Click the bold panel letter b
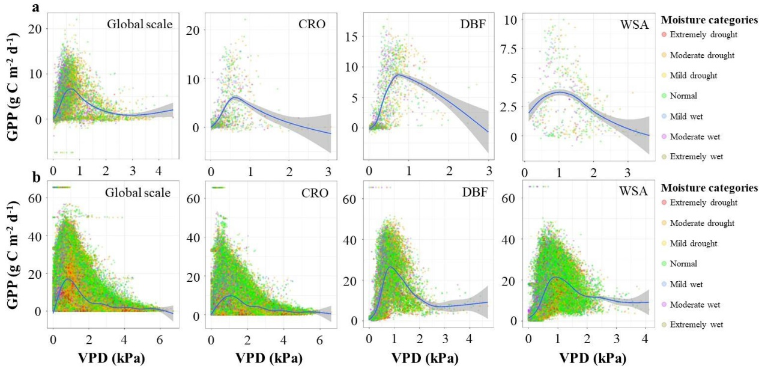[35, 178]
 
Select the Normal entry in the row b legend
[691, 263]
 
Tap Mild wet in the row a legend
[693, 116]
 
